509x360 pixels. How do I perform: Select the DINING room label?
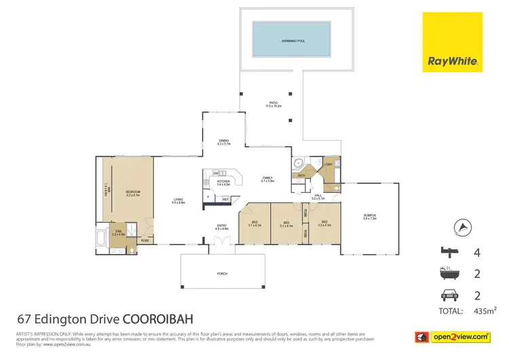point(223,141)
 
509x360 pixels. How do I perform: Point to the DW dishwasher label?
point(214,173)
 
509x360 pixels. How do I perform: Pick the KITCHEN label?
point(223,181)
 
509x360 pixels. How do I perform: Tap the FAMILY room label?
point(267,179)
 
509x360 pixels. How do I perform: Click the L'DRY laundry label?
point(327,164)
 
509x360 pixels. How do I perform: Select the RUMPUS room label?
point(370,215)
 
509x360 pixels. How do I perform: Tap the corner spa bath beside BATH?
point(298,164)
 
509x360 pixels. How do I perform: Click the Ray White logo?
point(452,41)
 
